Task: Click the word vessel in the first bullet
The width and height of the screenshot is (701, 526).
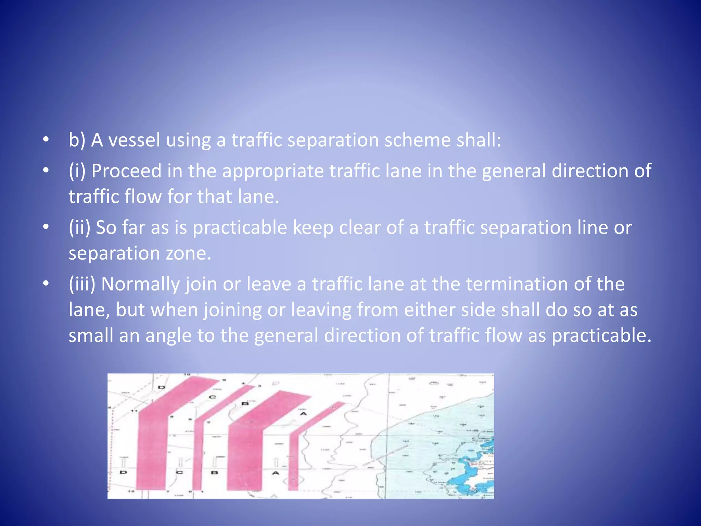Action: (134, 140)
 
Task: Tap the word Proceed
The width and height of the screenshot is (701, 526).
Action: (126, 171)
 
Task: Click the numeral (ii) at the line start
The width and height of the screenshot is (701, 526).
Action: (79, 227)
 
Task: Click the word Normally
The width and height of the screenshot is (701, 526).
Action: (140, 284)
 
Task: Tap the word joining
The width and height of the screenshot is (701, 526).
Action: (233, 310)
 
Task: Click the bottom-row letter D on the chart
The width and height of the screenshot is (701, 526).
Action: (123, 473)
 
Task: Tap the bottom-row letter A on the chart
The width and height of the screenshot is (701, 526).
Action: (276, 473)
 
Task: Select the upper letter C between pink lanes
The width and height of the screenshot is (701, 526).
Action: (213, 397)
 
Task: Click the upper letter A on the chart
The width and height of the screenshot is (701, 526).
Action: (303, 414)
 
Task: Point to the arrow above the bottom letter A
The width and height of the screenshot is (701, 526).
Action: (276, 462)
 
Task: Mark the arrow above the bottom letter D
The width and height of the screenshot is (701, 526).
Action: (124, 462)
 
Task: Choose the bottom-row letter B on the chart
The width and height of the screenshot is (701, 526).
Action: (214, 473)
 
